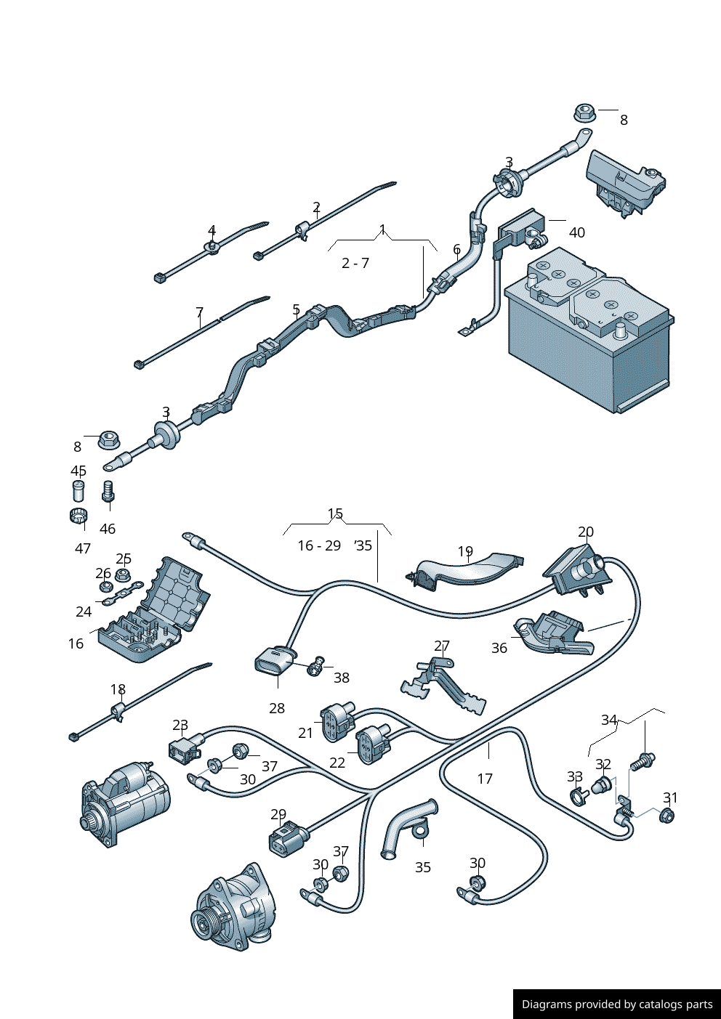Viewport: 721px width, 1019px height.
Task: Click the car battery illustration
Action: (589, 334)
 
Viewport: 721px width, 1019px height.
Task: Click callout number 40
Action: (576, 232)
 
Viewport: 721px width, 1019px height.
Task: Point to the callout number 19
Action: (465, 552)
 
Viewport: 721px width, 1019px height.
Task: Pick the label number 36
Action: (499, 648)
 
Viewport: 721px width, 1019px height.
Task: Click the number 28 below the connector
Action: (277, 708)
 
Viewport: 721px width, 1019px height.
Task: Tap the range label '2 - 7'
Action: (355, 263)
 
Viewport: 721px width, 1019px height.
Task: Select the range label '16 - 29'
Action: (319, 545)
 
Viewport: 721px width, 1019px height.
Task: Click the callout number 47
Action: (83, 548)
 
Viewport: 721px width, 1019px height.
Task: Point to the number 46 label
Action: (108, 529)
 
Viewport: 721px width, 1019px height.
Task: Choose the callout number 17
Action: (485, 779)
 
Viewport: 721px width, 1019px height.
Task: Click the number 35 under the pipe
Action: (423, 867)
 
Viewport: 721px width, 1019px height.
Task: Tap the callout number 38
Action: (342, 678)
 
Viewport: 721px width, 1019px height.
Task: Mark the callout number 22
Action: (337, 763)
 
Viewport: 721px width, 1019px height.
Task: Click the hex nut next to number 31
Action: (666, 816)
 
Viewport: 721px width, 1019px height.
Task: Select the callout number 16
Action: (76, 644)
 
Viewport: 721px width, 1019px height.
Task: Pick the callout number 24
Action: (84, 612)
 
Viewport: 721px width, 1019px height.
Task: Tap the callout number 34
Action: (609, 720)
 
